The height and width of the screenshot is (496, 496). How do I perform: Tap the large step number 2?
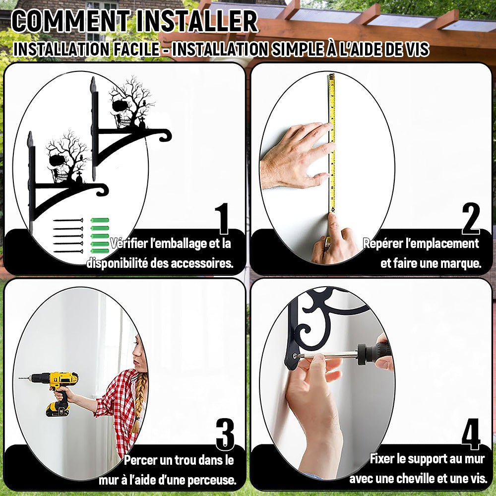pyautogui.click(x=471, y=219)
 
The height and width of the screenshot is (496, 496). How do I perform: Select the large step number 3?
pyautogui.click(x=225, y=434)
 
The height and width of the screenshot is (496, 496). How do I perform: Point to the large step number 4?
pyautogui.click(x=471, y=434)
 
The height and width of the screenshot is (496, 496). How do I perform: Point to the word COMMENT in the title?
pyautogui.click(x=71, y=21)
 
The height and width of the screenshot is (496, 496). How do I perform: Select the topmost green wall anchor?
pyautogui.click(x=100, y=220)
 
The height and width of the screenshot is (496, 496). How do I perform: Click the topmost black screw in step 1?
pyautogui.click(x=68, y=220)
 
